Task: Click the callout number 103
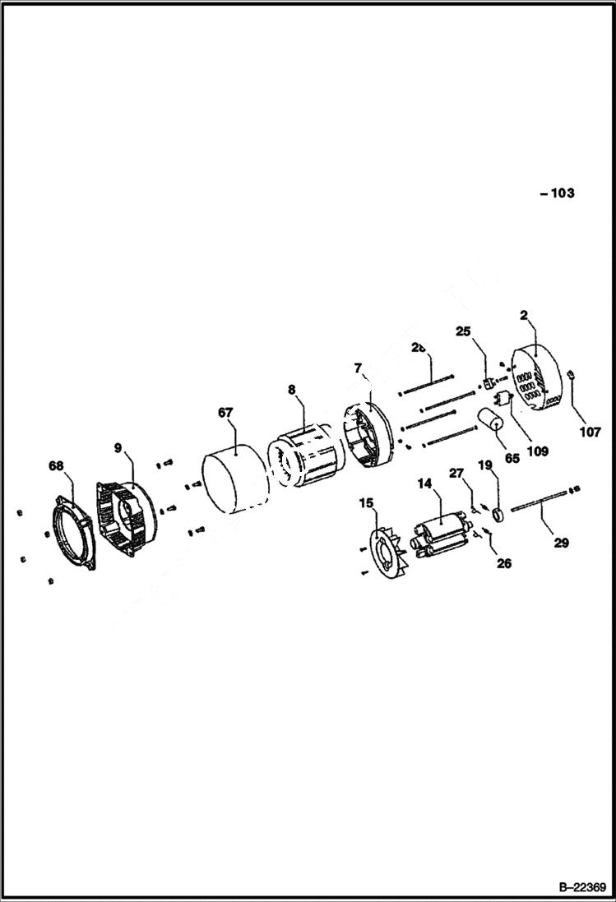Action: [561, 194]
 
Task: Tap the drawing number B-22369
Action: [582, 888]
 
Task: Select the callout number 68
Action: [56, 466]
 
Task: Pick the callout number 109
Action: [538, 451]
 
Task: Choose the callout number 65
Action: [512, 458]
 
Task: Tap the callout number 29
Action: [562, 542]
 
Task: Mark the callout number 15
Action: [366, 502]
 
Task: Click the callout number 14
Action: [424, 485]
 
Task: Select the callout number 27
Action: [456, 472]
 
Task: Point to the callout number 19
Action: [485, 465]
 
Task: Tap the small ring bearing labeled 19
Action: [496, 516]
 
